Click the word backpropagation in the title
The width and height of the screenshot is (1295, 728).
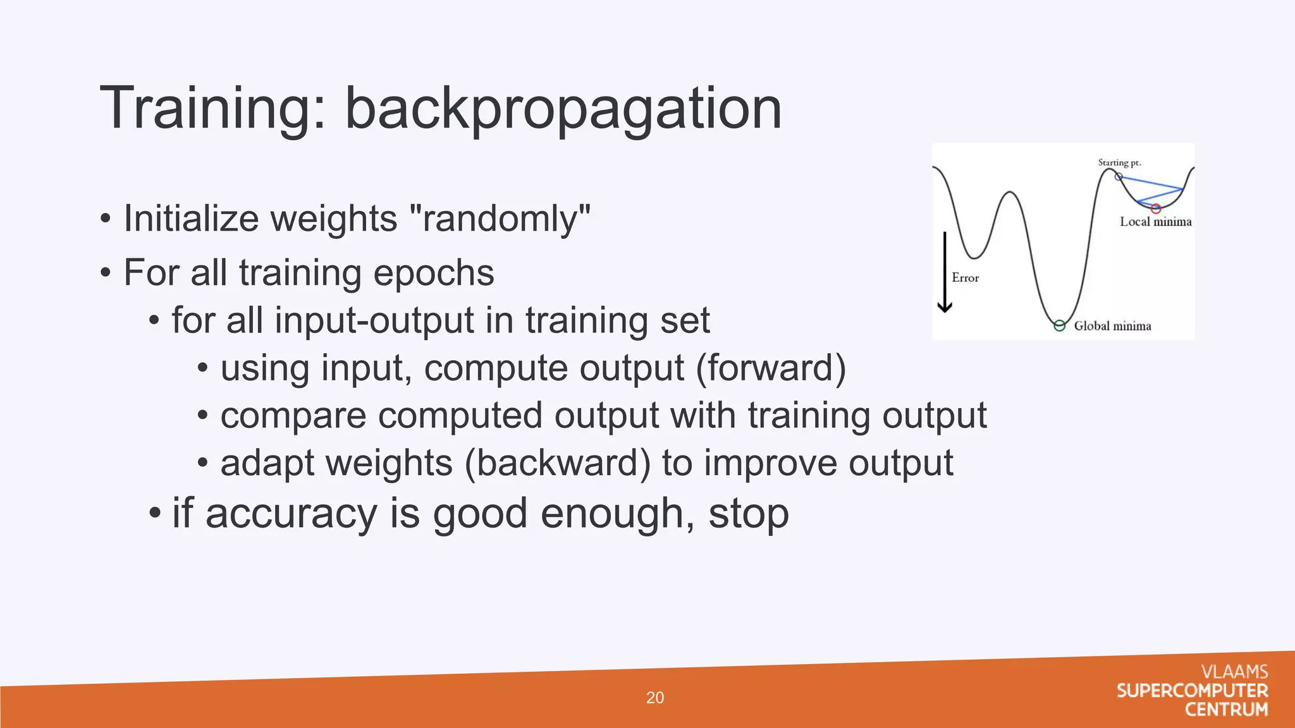pos(563,109)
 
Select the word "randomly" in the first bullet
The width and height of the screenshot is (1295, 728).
pos(500,219)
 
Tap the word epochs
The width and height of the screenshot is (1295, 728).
pos(433,273)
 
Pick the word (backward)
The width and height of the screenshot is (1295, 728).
pos(557,463)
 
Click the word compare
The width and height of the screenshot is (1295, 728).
pos(293,416)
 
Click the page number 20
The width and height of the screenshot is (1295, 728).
pos(654,698)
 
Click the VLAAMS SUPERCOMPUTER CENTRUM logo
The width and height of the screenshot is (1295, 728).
pos(1193,691)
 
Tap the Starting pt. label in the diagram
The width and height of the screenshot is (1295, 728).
pos(1119,162)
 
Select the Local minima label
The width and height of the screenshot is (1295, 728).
pos(1155,222)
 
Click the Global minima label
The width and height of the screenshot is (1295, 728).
pos(1112,326)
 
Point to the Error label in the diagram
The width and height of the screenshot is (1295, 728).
pos(965,278)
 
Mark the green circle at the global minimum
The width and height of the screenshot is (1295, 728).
pos(1060,326)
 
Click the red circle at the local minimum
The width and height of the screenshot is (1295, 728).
pos(1155,209)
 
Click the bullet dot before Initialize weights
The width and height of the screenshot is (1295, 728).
pos(106,220)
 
